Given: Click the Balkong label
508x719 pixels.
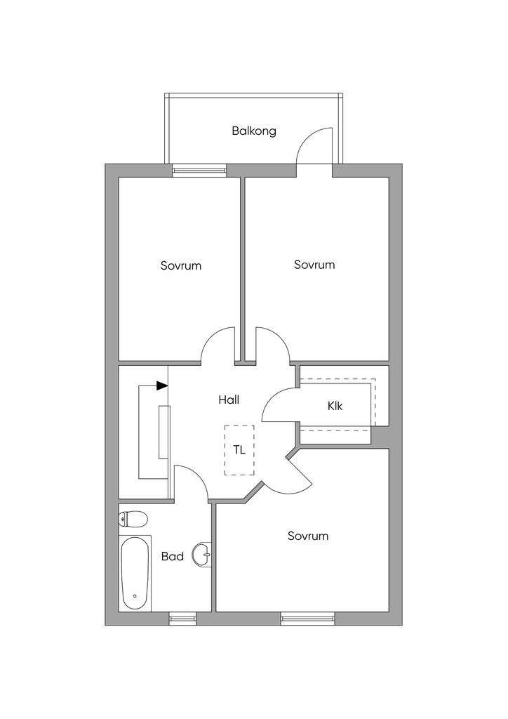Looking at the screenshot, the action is point(254,131).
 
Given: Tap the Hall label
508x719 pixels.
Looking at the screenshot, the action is point(229,400).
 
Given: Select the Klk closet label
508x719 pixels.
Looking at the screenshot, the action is point(335,406).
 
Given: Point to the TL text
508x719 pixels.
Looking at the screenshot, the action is point(239,450).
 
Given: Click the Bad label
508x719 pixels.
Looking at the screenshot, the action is point(172,556).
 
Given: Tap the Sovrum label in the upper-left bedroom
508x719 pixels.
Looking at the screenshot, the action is point(181,265).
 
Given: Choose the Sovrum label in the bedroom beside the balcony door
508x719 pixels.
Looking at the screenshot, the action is point(314,265).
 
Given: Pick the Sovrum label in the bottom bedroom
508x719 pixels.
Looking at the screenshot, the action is point(308,536).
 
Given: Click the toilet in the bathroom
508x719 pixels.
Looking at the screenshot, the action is point(133,520).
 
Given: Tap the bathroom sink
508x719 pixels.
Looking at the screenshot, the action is point(203,555).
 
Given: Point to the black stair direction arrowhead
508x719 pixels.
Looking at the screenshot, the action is point(162,385).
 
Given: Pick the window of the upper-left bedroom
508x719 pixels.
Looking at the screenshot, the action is point(200,171).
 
